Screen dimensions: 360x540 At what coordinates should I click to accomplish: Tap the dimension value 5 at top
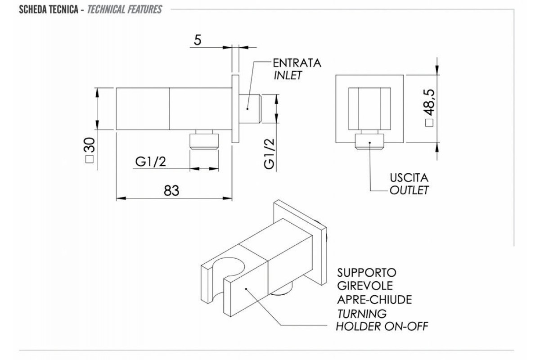197,40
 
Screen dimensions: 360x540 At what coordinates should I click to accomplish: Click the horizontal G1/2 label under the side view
150,162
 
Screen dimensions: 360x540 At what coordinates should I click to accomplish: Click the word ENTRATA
297,63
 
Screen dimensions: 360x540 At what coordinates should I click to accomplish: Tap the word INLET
288,75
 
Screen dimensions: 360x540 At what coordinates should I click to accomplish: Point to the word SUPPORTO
366,273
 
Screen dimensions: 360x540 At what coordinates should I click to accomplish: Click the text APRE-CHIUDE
374,299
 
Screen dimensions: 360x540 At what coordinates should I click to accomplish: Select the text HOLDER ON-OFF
382,325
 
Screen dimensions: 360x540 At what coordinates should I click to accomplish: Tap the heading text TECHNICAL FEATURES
125,9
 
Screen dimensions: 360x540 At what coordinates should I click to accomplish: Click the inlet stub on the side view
249,109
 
